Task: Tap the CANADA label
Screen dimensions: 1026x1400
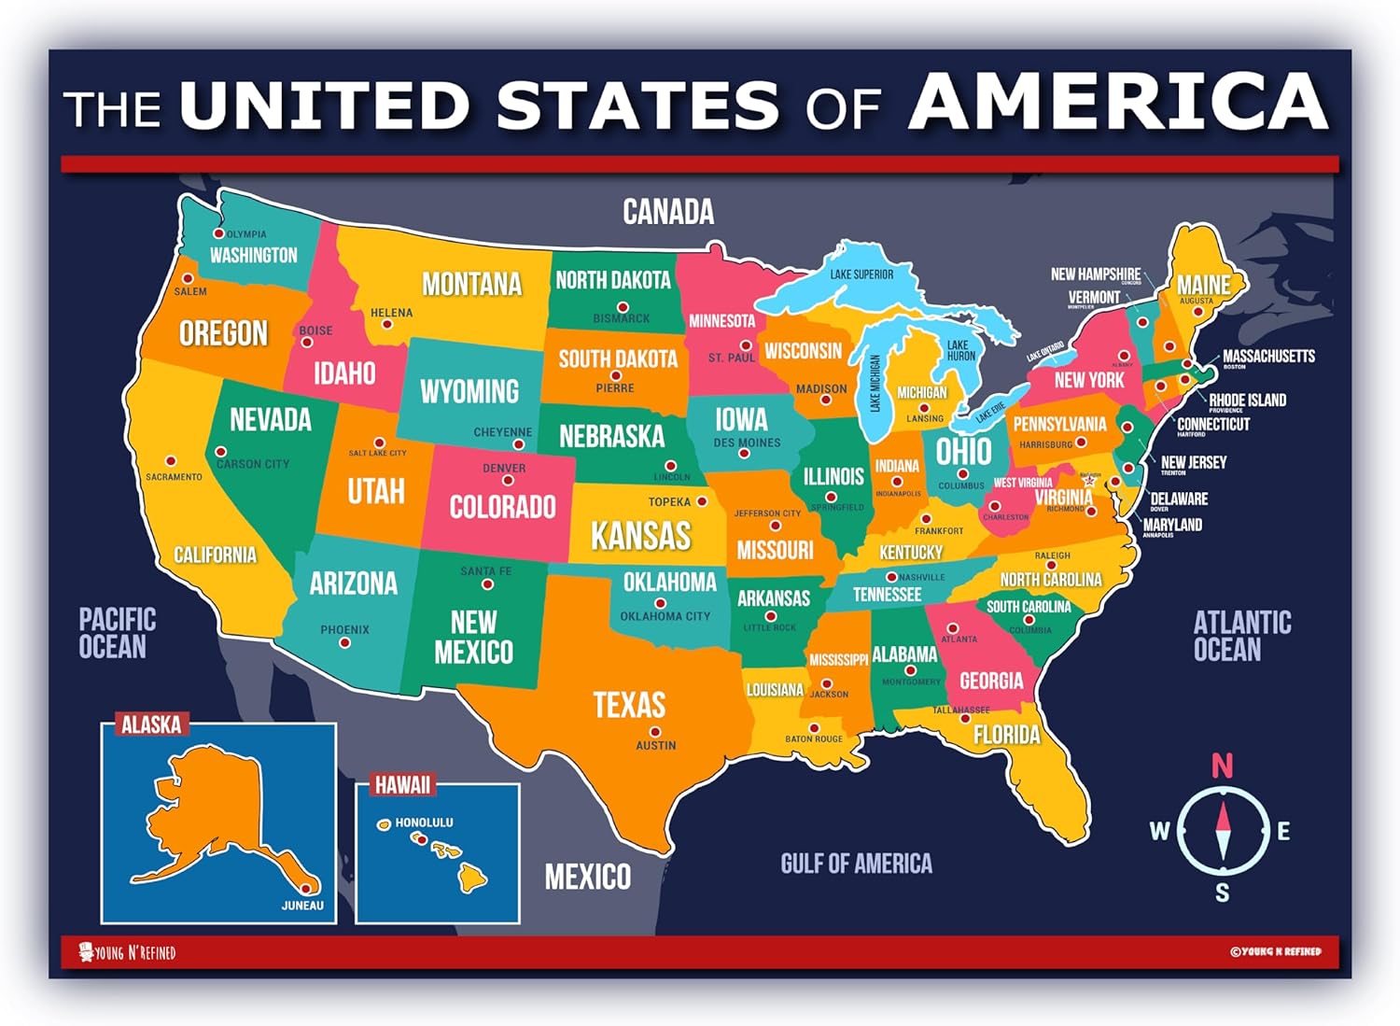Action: pos(668,212)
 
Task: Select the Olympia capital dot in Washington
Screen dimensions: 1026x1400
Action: pos(219,233)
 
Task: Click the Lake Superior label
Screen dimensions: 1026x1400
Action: pos(861,274)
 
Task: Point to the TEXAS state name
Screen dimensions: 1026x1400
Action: pos(629,705)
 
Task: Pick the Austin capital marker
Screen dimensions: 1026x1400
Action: pos(655,732)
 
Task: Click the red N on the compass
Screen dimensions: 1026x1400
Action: pos(1222,766)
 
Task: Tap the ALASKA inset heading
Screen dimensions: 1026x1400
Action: pos(151,724)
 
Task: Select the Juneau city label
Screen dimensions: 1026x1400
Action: pos(302,905)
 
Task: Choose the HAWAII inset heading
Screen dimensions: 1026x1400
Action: pos(402,785)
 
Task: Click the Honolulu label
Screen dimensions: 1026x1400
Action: pos(424,822)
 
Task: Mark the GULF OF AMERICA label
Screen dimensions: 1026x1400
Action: pos(856,864)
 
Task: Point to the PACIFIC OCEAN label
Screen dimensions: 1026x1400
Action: pos(116,633)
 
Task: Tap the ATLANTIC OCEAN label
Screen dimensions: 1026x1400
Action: pos(1241,636)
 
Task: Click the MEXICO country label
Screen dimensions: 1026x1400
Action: pos(587,877)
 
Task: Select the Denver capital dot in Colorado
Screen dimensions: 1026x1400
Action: pos(508,481)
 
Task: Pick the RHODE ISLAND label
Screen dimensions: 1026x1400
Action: pos(1247,400)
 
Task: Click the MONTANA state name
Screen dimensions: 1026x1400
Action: pos(471,284)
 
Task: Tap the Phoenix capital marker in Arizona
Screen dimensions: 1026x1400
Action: pos(344,643)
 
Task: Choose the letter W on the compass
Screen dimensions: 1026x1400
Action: pos(1159,831)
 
